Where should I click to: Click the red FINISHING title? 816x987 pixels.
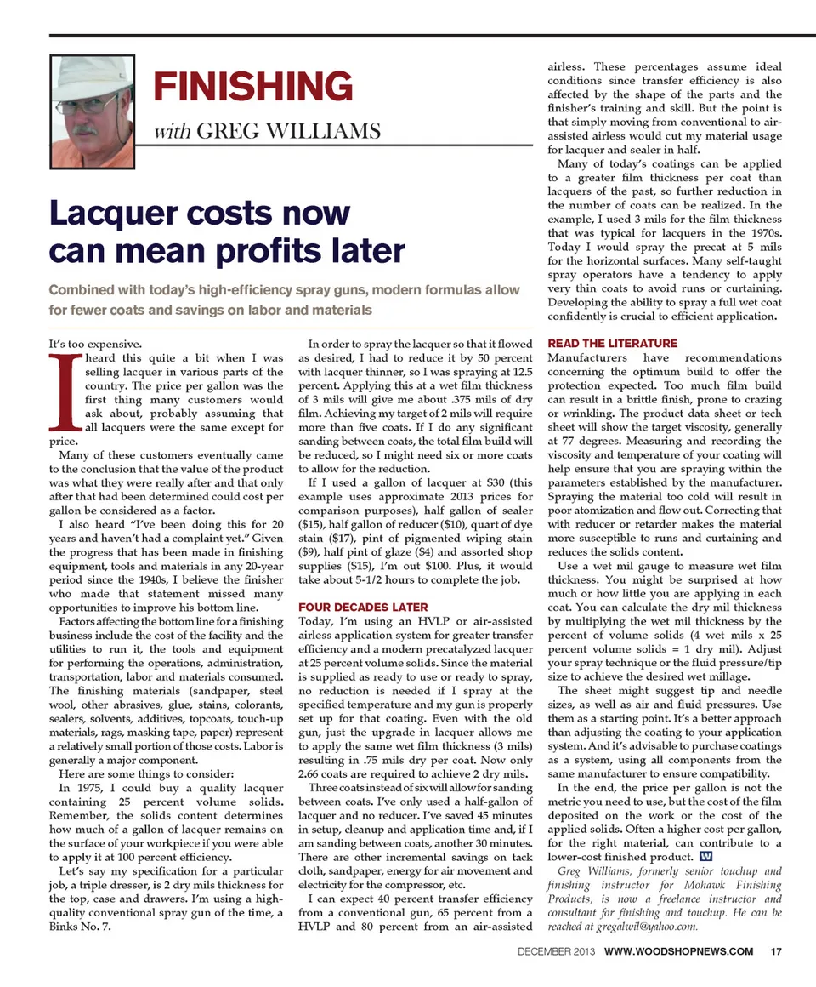tap(252, 87)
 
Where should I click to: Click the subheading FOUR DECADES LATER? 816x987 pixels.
tap(363, 608)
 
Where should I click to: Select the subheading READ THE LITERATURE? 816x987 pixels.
tap(613, 343)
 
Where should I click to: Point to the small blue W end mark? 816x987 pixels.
tap(705, 856)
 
